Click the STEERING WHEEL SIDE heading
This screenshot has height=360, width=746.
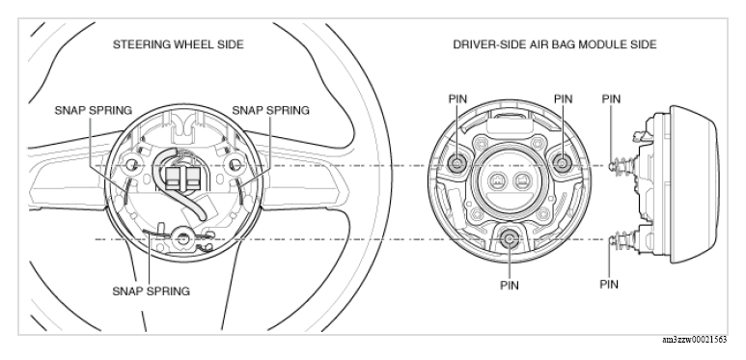coord(178,44)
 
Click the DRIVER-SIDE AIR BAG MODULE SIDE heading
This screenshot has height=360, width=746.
coord(555,44)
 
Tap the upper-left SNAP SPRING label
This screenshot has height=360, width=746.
coord(94,110)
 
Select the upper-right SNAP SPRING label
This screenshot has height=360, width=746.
coord(271,110)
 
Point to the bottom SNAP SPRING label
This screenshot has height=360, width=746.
coord(151,291)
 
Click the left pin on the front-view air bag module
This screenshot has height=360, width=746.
coord(457,164)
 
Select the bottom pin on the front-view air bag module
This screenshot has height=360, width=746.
coord(510,238)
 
